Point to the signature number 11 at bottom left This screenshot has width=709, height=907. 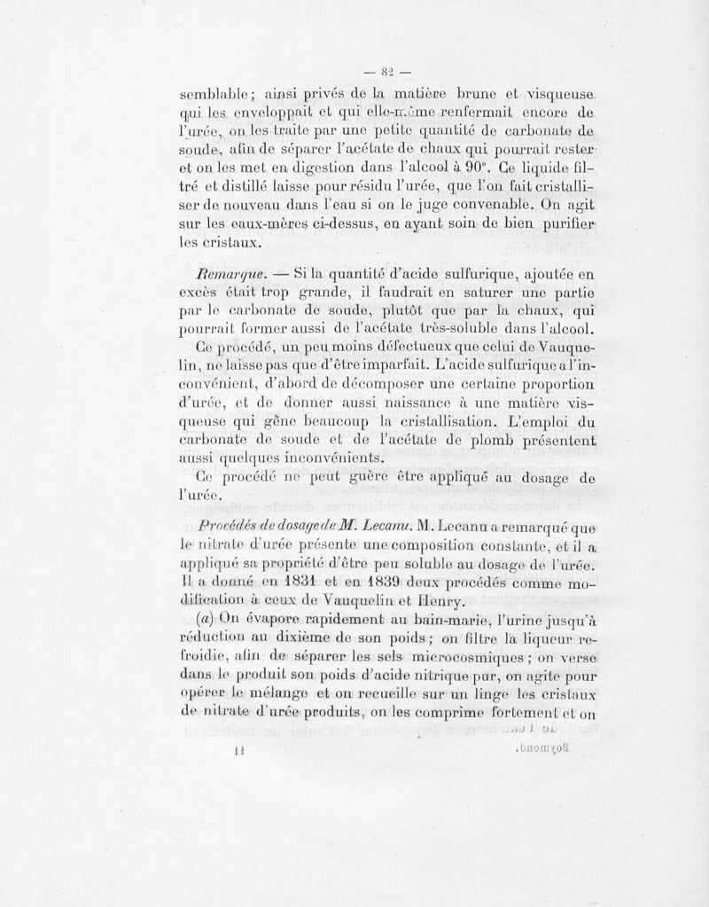pyautogui.click(x=238, y=752)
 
